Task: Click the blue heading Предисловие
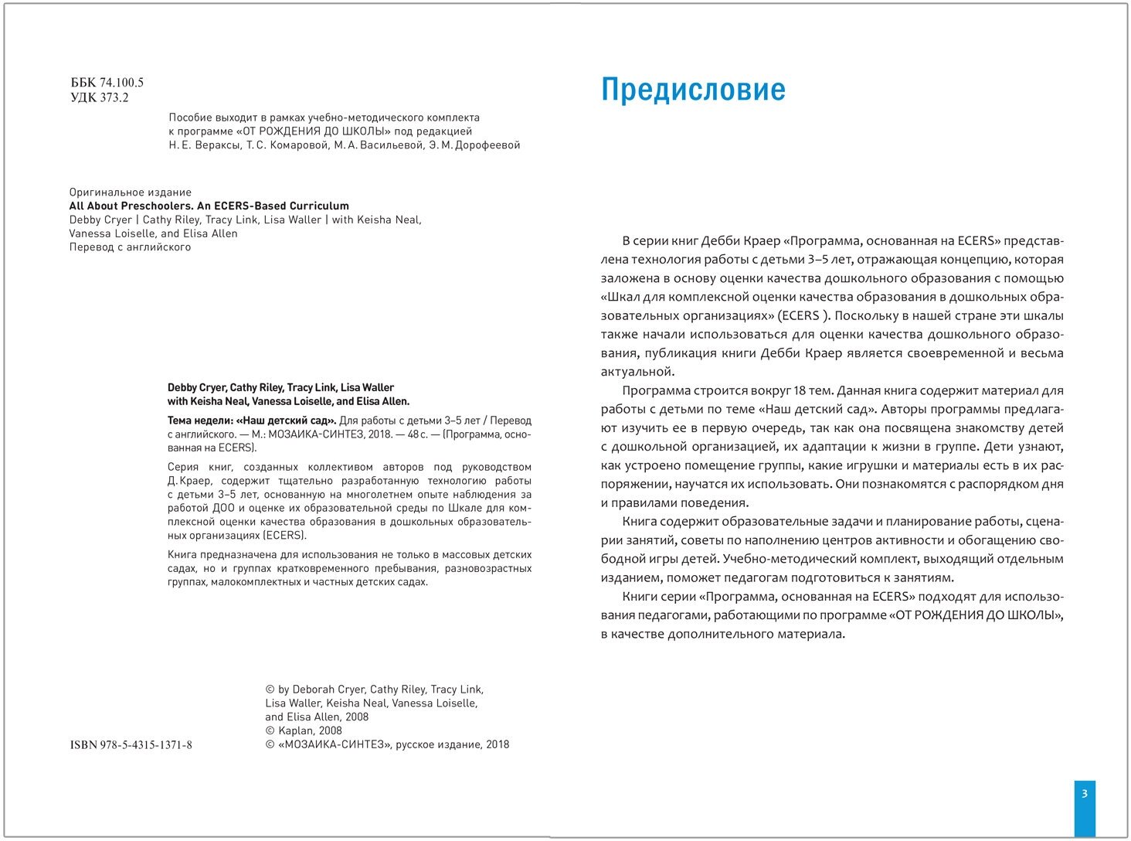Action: (x=693, y=90)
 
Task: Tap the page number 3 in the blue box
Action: (x=1085, y=793)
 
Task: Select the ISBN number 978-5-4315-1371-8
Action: (x=131, y=745)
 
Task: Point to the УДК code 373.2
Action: (x=114, y=97)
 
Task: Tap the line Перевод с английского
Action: (x=130, y=247)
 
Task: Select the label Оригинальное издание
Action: (x=130, y=192)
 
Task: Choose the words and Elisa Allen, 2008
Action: (x=317, y=717)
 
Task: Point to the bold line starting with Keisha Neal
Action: (x=288, y=401)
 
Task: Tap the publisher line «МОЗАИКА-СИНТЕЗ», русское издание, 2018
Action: (x=387, y=744)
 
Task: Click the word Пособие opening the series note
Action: (x=191, y=117)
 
